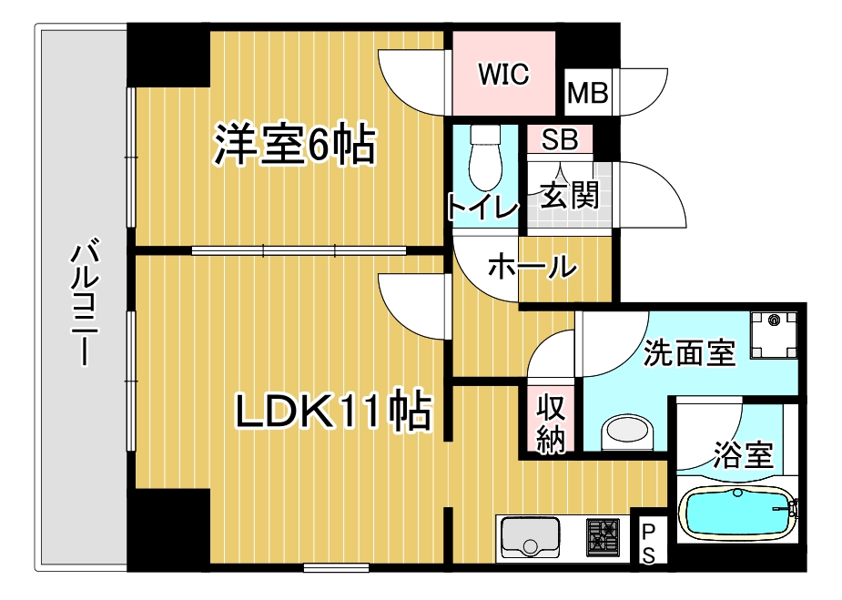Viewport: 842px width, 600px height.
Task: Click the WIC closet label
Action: (x=503, y=74)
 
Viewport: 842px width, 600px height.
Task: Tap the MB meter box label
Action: (x=587, y=93)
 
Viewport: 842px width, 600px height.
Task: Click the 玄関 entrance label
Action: (x=570, y=195)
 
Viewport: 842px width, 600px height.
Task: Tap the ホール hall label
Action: (x=533, y=267)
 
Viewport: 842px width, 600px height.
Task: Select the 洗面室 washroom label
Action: (x=689, y=352)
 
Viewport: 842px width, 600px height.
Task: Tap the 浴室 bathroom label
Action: (x=744, y=453)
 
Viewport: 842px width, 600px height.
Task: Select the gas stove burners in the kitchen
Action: (x=602, y=535)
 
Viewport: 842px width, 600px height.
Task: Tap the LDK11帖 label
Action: (x=333, y=412)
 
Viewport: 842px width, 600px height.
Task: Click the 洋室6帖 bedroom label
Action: (x=294, y=146)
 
